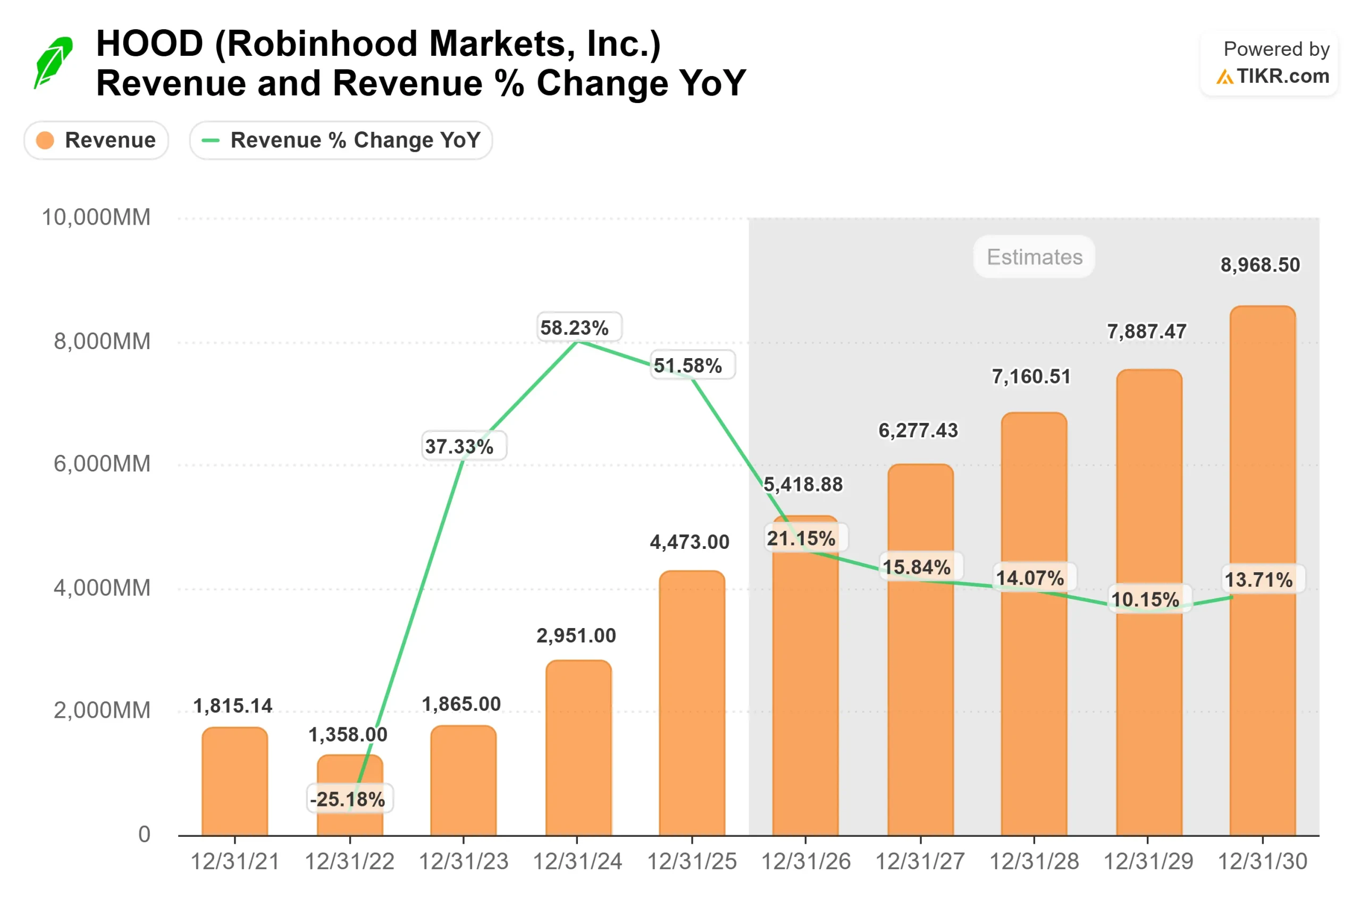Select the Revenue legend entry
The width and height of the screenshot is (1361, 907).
pos(96,140)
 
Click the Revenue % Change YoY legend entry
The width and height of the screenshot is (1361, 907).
pos(341,140)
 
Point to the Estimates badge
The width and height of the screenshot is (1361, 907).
pos(1034,257)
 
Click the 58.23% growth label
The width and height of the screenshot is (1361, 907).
pos(574,328)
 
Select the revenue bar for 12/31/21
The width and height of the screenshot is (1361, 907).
pos(235,782)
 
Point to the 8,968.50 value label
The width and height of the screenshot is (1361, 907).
pos(1260,265)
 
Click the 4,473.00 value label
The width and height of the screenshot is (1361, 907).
pos(689,542)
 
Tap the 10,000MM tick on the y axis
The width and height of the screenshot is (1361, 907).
pos(96,217)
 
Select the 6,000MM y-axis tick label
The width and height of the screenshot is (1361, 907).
pos(102,464)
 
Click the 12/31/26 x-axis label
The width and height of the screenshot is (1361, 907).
pos(805,862)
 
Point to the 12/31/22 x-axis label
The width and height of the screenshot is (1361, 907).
pos(349,862)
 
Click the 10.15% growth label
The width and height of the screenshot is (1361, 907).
pos(1145,599)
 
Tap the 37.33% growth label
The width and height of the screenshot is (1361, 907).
pos(459,446)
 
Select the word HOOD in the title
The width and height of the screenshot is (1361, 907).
pos(149,44)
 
